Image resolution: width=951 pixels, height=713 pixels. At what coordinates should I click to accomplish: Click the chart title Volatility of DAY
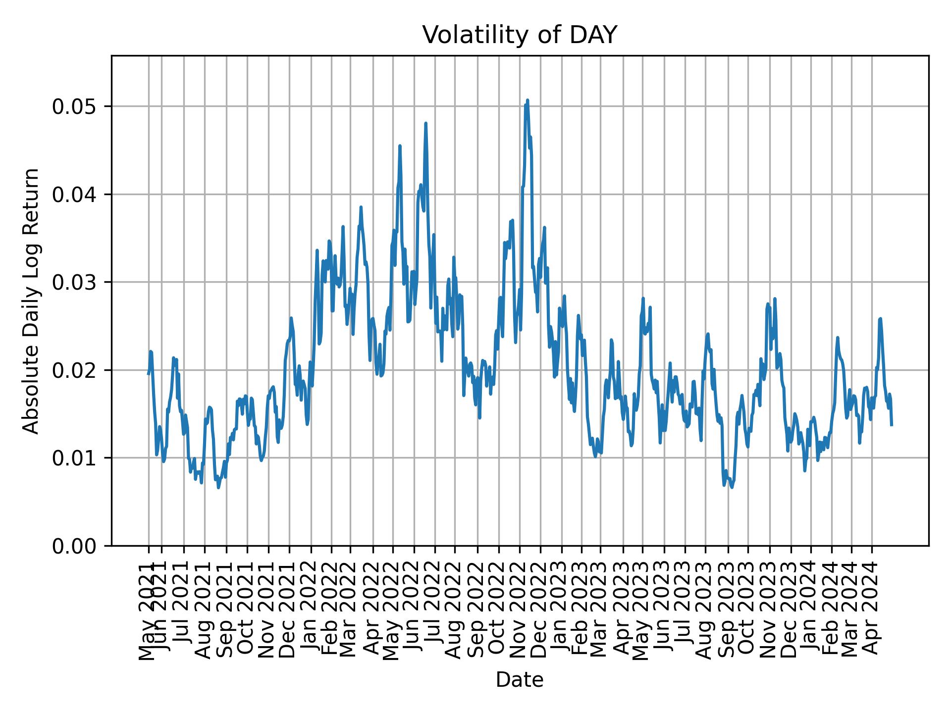pos(520,35)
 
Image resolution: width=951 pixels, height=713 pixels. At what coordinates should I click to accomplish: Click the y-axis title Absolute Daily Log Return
pos(32,301)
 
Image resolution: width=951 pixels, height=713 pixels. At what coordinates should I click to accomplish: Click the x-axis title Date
pos(520,680)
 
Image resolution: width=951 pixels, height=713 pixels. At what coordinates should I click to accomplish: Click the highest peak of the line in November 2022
pos(528,100)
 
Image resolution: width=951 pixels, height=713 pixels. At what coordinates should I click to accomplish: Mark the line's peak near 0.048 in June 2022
pos(425,123)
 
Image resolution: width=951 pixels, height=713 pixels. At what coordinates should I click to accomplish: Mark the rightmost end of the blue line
pos(892,425)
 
